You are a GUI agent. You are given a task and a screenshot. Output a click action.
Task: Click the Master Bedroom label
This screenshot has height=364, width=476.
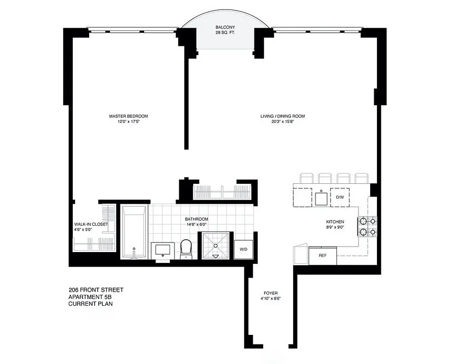(x=128, y=116)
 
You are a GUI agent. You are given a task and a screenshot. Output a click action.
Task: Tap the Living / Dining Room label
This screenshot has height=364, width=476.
(x=282, y=116)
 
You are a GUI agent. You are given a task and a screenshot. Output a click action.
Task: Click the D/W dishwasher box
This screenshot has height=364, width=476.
(x=340, y=197)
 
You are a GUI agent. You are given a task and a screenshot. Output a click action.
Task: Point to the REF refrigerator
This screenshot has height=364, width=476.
(x=323, y=256)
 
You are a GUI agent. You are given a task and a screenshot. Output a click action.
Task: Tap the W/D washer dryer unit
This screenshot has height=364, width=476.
(x=243, y=249)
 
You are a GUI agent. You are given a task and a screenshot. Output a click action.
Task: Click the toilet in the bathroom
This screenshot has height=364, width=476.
(x=186, y=248)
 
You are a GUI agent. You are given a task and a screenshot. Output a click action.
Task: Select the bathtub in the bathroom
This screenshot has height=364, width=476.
(x=134, y=231)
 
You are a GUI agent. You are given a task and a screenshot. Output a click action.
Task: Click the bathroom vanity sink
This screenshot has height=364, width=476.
(x=163, y=249)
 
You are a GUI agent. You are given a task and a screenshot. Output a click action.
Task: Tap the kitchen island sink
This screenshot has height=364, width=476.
(x=321, y=197)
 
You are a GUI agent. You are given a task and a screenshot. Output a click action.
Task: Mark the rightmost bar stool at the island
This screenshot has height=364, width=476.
(x=361, y=177)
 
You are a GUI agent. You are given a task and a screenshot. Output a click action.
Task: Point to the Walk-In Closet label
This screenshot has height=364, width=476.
(x=91, y=224)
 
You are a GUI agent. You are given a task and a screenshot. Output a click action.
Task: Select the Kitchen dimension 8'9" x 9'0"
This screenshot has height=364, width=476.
(x=334, y=227)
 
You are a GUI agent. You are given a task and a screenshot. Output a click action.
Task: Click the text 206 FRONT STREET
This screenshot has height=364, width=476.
(x=96, y=290)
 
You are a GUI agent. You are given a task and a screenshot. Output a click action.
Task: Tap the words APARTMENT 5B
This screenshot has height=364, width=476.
(x=90, y=297)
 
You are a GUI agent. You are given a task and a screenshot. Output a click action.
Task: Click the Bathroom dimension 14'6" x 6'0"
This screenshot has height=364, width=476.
(x=196, y=224)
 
